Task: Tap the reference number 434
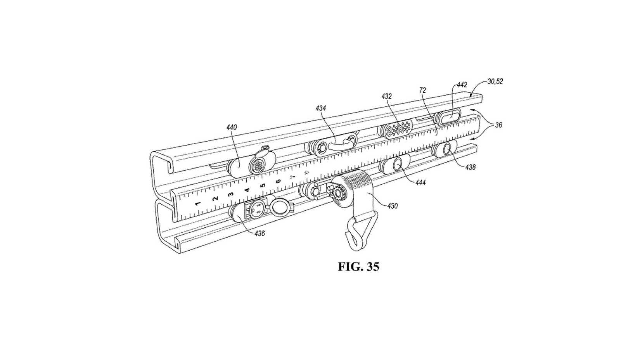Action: point(320,108)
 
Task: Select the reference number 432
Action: point(386,96)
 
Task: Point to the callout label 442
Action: point(462,85)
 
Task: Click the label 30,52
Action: point(495,81)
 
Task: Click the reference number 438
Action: point(470,167)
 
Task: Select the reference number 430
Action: point(392,206)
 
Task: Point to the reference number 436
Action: point(259,234)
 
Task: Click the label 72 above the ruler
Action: point(422,90)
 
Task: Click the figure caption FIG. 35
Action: point(358,267)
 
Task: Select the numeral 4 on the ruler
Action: point(247,190)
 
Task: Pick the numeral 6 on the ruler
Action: point(278,181)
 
